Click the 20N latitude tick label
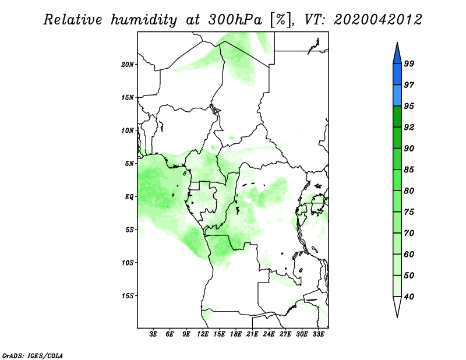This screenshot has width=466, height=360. (128, 65)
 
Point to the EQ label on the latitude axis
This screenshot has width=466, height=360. (129, 197)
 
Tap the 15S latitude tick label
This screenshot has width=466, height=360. (128, 296)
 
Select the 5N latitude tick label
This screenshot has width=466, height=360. (129, 164)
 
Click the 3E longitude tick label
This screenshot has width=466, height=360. (153, 334)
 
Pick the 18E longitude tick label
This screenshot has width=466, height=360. (236, 334)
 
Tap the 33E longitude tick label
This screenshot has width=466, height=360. (318, 334)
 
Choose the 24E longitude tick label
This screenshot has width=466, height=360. (269, 334)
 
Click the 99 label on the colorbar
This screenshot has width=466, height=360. (409, 63)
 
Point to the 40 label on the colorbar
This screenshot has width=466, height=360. (409, 297)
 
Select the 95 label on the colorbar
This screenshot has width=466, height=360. (409, 106)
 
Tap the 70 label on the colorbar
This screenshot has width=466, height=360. (409, 233)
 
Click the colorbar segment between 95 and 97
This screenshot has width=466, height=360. (397, 96)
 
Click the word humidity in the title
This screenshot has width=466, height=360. (144, 20)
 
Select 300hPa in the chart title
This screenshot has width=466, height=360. (235, 20)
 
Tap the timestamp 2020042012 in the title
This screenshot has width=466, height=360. (377, 20)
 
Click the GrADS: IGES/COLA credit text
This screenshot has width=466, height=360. (33, 355)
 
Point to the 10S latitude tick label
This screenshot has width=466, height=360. (128, 263)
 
